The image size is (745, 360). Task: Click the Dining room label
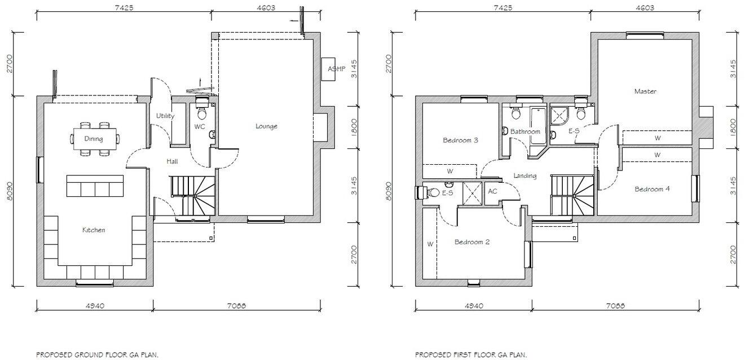[94, 138]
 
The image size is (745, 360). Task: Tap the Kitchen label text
[94, 230]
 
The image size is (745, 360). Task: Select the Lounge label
[266, 126]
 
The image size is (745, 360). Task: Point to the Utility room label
[165, 116]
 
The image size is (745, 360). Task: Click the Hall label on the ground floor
[172, 161]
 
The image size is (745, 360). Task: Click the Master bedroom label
[645, 91]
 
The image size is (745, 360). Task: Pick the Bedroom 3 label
[460, 140]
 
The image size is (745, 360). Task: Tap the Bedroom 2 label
[472, 242]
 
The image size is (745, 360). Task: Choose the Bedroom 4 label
[652, 189]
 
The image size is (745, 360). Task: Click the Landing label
[524, 175]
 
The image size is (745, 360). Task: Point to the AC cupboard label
[492, 191]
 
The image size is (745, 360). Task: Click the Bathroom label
[525, 131]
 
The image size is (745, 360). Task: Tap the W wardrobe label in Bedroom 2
[430, 244]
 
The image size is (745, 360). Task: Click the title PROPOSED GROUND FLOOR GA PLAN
[97, 355]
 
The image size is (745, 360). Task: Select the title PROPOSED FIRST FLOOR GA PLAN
[471, 355]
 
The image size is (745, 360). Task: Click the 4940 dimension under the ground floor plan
[94, 306]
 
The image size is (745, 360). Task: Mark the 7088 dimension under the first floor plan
[615, 306]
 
